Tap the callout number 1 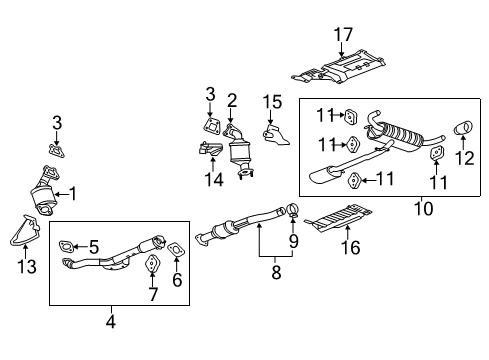[x=71, y=192]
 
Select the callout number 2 [x=231, y=99]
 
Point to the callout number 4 [x=110, y=322]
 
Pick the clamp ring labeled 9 [x=292, y=210]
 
